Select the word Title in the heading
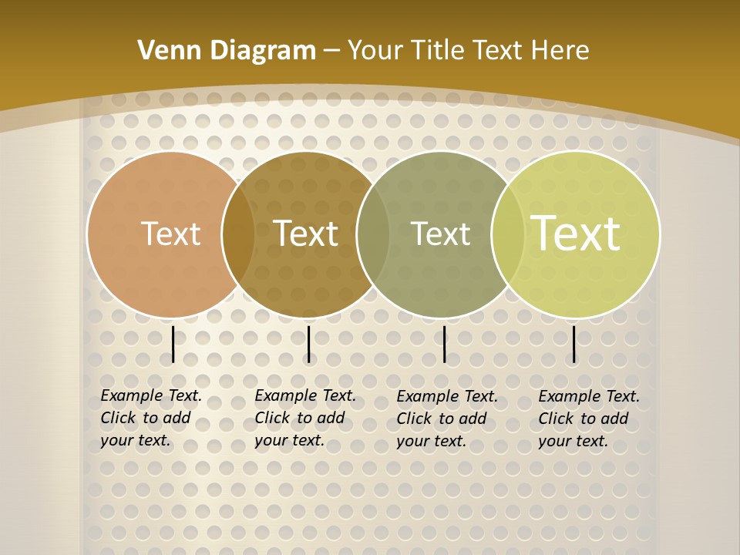coord(438,51)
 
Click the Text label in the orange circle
coord(170,234)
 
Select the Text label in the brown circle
coord(306,234)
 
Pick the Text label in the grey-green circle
coord(440,234)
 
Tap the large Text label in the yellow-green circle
coord(576,234)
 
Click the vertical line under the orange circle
coord(173,344)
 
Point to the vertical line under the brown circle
coord(308,344)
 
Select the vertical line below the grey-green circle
coord(445,344)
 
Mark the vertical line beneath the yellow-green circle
coord(574,344)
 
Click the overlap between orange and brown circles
coord(238,234)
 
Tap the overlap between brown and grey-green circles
coord(373,234)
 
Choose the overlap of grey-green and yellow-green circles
coord(508,234)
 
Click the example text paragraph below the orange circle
coord(150,418)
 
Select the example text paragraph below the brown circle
coord(304,418)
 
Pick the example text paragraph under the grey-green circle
coord(446,419)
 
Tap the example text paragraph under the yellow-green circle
coord(588,419)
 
